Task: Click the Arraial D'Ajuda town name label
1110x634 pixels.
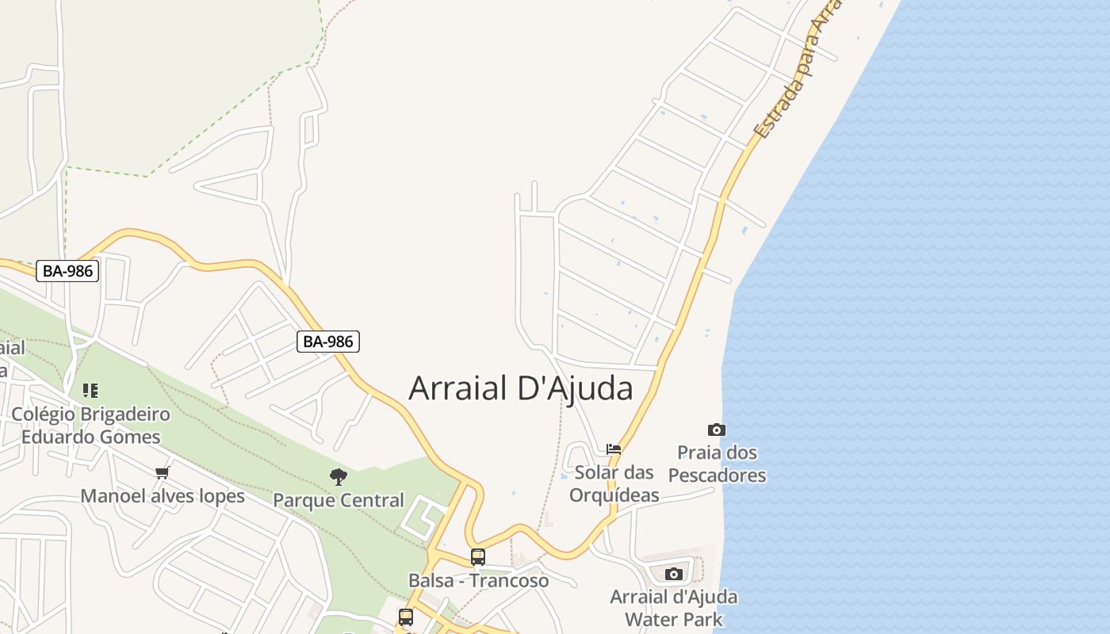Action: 521,388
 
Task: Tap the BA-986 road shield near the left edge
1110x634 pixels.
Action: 68,271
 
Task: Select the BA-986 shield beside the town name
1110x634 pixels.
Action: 329,342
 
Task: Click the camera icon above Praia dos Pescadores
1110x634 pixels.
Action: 717,430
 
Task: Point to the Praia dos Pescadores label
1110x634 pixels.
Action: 717,464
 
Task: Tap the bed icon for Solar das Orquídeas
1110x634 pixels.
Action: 614,449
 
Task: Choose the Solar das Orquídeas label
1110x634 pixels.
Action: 614,483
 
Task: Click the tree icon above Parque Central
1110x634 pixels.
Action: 339,476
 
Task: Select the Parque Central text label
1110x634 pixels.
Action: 339,501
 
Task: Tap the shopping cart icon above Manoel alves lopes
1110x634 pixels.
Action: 163,473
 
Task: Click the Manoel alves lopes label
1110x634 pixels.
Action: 163,497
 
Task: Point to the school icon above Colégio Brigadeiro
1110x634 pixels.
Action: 90,390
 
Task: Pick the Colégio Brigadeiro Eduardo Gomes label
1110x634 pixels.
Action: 90,426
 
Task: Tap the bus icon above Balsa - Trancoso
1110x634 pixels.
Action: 478,557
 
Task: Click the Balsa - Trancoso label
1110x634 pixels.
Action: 478,581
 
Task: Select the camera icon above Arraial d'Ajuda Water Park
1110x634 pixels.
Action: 674,574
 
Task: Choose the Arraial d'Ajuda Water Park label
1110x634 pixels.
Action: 674,608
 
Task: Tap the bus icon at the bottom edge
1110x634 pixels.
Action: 406,617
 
